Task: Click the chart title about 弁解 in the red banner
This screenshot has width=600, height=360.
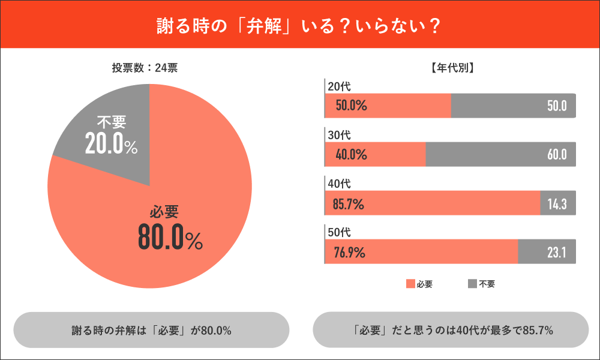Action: (299, 25)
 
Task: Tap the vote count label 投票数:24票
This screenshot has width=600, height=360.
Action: (145, 68)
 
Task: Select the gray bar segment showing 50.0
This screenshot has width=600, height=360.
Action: (513, 106)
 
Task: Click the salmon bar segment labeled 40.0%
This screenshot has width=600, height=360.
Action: (375, 155)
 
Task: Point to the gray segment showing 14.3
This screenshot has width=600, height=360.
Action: (558, 203)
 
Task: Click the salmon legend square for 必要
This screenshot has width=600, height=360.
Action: (410, 284)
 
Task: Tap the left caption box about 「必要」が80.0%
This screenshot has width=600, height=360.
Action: (151, 330)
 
